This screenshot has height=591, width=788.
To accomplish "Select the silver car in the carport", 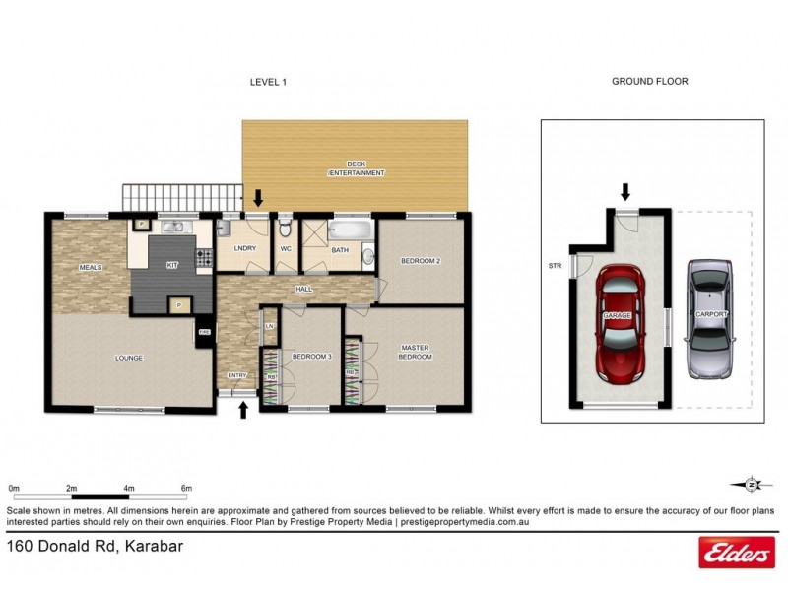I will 710,319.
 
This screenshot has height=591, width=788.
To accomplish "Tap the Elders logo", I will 736,555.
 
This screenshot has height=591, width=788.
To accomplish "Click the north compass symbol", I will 752,483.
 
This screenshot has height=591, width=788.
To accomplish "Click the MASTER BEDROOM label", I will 415,352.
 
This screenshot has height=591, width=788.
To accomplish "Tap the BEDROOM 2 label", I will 421,262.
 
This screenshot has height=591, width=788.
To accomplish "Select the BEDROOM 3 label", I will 311,356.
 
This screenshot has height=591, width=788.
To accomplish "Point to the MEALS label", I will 91,267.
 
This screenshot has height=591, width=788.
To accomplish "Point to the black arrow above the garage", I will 624,190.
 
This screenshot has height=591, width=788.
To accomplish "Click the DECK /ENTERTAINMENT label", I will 357,168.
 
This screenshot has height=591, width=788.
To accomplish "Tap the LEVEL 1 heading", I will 268,83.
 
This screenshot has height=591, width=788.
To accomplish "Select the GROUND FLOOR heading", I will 650,83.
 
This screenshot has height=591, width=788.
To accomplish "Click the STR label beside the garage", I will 555,266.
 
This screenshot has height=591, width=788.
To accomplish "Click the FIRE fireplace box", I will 205,333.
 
